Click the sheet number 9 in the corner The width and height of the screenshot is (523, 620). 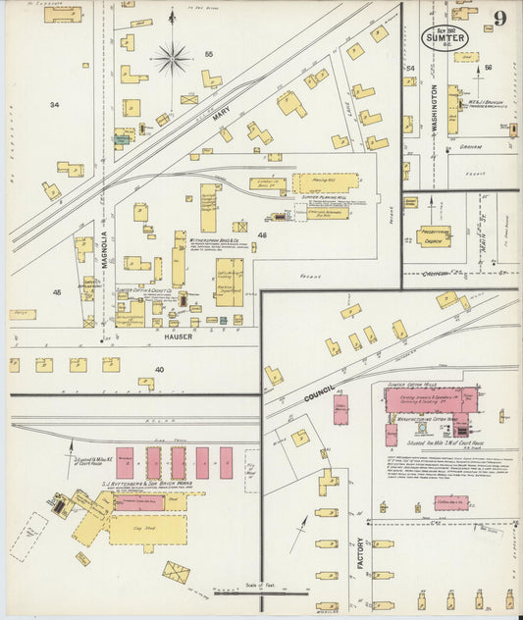[500, 18]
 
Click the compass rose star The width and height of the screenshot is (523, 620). [172, 59]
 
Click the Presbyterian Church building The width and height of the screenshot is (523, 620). [434, 236]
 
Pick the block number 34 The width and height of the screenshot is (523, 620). [54, 104]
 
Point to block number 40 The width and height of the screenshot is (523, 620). [159, 370]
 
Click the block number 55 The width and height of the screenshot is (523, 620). [208, 53]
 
